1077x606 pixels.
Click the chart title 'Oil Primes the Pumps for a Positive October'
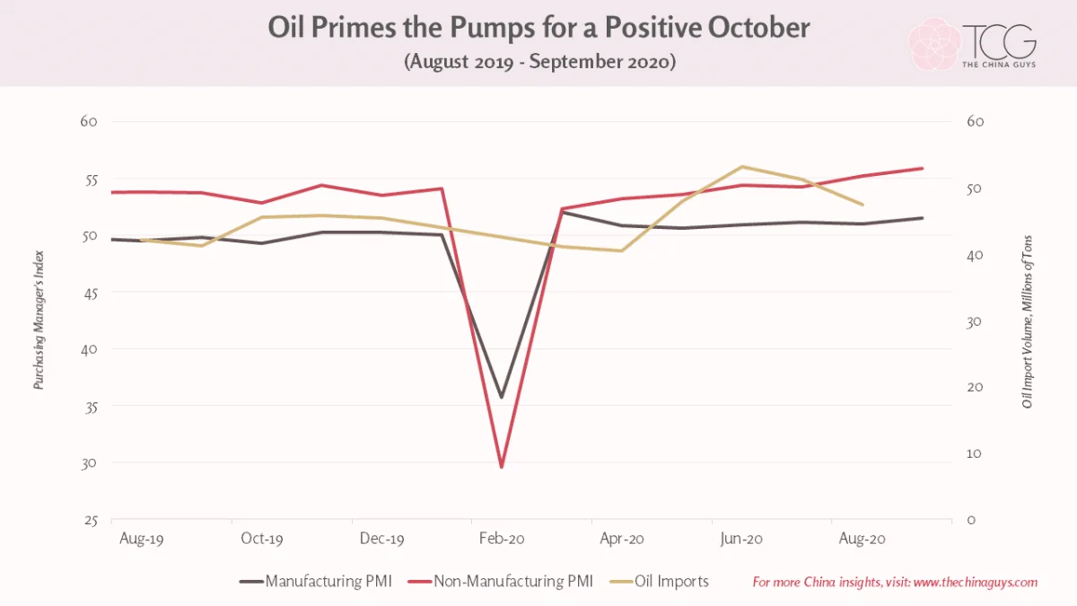pyautogui.click(x=538, y=28)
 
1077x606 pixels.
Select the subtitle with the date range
pyautogui.click(x=539, y=62)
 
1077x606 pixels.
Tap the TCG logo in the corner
pyautogui.click(x=972, y=44)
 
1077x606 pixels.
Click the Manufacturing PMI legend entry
pyautogui.click(x=316, y=581)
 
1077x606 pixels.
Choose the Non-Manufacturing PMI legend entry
pyautogui.click(x=500, y=581)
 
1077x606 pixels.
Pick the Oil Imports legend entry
pyautogui.click(x=659, y=581)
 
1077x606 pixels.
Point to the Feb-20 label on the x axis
pyautogui.click(x=502, y=538)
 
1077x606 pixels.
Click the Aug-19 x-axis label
pyautogui.click(x=142, y=539)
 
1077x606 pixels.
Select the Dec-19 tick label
pyautogui.click(x=381, y=538)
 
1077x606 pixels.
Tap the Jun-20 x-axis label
pyautogui.click(x=741, y=539)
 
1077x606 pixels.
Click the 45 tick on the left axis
pyautogui.click(x=89, y=293)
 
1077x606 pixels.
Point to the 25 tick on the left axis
pyautogui.click(x=91, y=521)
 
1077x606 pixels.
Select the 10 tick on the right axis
pyautogui.click(x=974, y=453)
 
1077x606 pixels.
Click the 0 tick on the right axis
pyautogui.click(x=971, y=520)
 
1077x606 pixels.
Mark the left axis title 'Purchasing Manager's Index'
pyautogui.click(x=39, y=320)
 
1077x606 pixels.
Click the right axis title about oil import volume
pyautogui.click(x=1027, y=321)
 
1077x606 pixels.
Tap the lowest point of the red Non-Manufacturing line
pyautogui.click(x=502, y=467)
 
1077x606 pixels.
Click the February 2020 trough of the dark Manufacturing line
pyautogui.click(x=502, y=397)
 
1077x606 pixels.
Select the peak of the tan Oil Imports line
pyautogui.click(x=742, y=167)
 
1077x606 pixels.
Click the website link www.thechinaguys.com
pyautogui.click(x=975, y=583)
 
